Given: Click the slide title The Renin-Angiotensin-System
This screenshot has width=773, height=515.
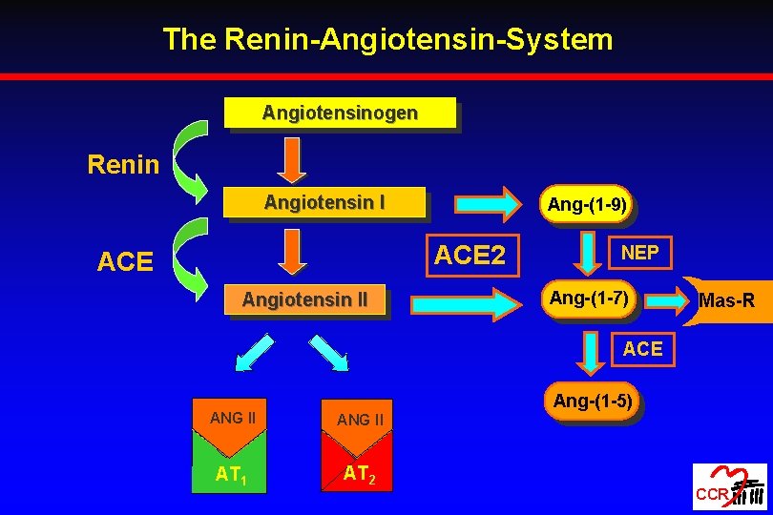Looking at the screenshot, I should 386,39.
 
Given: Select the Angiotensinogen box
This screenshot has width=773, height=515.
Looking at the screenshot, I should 340,113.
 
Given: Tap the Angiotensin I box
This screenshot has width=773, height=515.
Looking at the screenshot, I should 324,203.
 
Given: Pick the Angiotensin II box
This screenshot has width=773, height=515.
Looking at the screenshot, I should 304,300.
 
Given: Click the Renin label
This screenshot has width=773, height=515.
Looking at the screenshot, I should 123,165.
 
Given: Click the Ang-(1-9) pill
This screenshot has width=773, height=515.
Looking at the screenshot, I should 587,204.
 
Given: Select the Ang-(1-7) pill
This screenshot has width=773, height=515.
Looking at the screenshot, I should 589,299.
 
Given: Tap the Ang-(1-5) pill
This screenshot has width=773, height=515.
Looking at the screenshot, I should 592,402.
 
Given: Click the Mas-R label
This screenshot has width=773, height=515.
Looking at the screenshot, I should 726,301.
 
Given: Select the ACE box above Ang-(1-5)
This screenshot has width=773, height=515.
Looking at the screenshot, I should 642,349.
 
